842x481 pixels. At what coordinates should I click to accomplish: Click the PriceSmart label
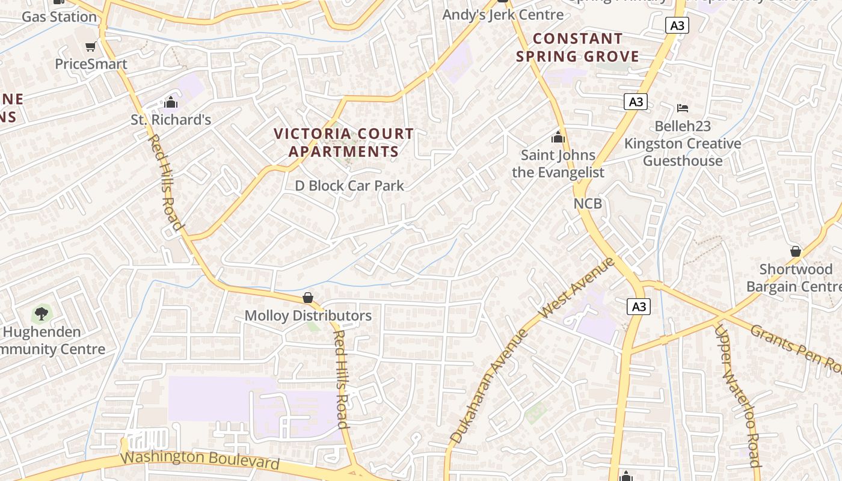(91, 64)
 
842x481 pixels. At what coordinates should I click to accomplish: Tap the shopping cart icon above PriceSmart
(90, 46)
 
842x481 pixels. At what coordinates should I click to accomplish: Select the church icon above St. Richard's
(171, 102)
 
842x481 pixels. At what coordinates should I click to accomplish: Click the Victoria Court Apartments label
(343, 142)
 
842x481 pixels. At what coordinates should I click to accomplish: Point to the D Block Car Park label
(349, 186)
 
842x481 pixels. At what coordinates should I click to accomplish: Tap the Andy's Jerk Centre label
(503, 14)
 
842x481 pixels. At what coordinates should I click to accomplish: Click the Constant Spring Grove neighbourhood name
(577, 47)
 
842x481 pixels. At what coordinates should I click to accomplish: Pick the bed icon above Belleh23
(682, 108)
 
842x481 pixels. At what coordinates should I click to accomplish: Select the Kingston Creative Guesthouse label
(683, 152)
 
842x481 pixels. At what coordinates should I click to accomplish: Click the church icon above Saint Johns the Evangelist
(558, 137)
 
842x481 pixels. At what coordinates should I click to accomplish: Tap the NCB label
(588, 203)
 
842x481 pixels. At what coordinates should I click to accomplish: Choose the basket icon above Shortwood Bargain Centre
(795, 251)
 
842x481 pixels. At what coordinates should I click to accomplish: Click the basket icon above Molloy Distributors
(308, 298)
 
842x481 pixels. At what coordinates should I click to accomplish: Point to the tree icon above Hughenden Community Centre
(41, 313)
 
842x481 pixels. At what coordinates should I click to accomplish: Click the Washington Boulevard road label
(200, 459)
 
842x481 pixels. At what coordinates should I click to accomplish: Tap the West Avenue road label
(577, 288)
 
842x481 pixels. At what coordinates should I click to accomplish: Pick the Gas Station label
(59, 17)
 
